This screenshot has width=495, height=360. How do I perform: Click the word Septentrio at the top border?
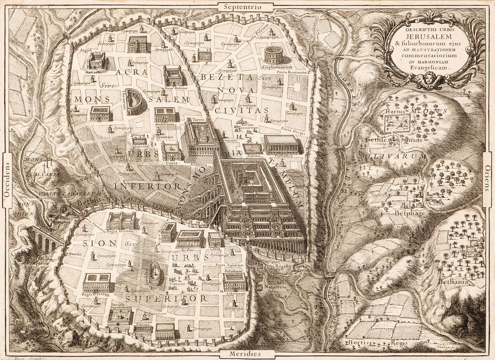pos(242,7)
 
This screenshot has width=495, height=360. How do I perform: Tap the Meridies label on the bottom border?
pos(244,354)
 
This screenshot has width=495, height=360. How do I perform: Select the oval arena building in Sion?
pos(156,274)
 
